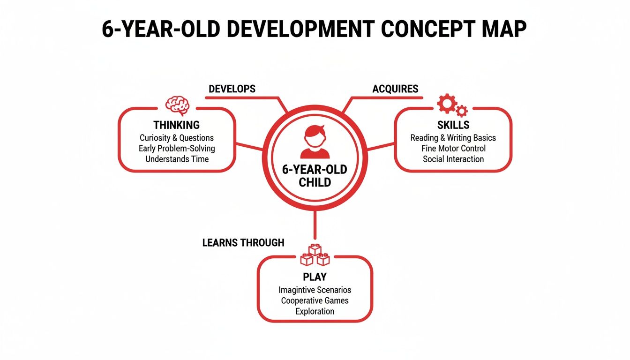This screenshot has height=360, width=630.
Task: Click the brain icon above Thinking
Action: (x=177, y=106)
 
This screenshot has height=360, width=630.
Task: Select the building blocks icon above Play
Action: (x=315, y=255)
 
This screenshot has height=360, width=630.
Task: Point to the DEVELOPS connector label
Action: (x=232, y=89)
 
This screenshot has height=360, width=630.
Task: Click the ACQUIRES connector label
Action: (x=395, y=89)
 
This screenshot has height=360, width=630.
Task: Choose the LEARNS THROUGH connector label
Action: (x=243, y=242)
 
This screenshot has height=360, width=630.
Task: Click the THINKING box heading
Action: (x=177, y=125)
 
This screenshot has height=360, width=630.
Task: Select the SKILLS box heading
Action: (x=453, y=125)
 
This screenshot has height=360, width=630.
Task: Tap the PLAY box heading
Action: (x=315, y=277)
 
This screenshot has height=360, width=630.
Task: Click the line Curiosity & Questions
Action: (x=177, y=138)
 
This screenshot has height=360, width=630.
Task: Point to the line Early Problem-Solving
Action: (x=177, y=148)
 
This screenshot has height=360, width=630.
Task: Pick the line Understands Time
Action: (x=177, y=159)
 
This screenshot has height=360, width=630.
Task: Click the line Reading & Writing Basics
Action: (x=453, y=138)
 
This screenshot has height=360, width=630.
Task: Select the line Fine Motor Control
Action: (x=453, y=148)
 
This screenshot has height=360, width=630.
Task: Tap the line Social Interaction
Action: (x=453, y=159)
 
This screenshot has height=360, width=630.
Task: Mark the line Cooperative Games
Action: (x=315, y=300)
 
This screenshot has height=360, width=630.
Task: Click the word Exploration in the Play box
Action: (x=315, y=311)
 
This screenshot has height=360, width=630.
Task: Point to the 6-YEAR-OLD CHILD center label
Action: (x=315, y=176)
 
